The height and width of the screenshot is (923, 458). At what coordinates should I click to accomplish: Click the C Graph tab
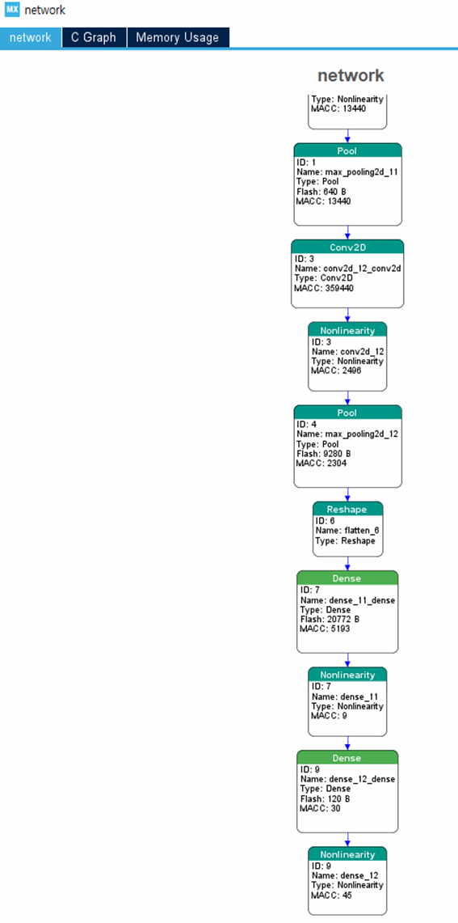coord(95,38)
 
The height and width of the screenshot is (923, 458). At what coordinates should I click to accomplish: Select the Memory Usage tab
coord(178,38)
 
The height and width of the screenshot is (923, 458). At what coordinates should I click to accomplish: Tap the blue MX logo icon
coord(12,10)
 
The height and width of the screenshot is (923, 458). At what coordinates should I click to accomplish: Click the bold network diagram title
coord(351,75)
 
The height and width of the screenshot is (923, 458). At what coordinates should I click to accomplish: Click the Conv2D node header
coord(347,248)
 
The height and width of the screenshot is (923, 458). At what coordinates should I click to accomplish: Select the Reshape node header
coord(347,509)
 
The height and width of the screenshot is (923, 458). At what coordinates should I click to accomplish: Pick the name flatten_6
coord(359,531)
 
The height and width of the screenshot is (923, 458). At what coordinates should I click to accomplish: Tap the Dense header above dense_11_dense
coord(347,578)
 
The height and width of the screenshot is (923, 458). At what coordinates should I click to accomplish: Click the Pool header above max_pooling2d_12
coord(348,413)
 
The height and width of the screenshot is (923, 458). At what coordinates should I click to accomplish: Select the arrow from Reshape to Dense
coord(347,563)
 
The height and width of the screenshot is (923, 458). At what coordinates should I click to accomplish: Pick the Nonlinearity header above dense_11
coord(347,674)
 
